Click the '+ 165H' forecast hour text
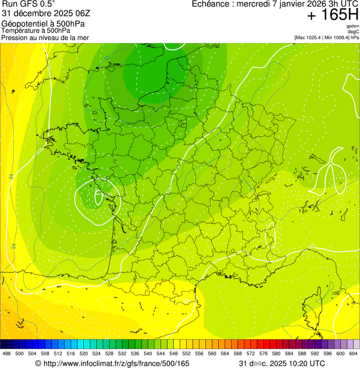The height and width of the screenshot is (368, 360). [332, 15]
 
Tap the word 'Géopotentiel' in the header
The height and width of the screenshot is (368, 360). [23, 23]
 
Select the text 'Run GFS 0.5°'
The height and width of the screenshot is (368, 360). [29, 4]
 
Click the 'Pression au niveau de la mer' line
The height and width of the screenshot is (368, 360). [45, 37]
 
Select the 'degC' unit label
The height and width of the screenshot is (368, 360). [353, 32]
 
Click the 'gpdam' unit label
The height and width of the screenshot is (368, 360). [353, 27]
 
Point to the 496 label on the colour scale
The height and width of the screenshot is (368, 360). [7, 354]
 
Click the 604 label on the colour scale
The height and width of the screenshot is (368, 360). [353, 354]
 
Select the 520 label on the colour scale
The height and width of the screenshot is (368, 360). [83, 354]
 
